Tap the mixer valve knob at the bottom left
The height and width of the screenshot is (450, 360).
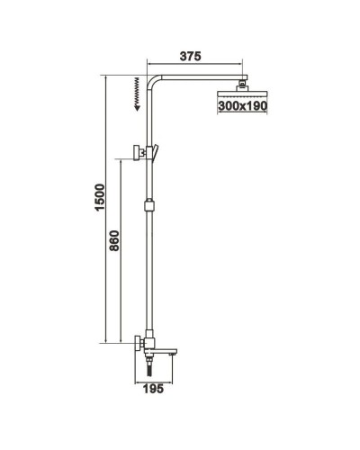tap(136, 343)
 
